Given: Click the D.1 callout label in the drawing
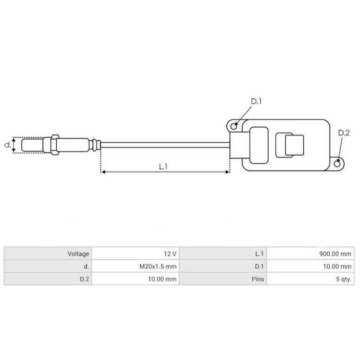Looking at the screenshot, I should point(256,102).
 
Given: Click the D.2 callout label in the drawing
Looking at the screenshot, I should point(343,133).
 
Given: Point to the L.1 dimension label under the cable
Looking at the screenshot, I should point(163,166).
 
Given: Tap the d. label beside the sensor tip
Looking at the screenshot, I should point(7,145).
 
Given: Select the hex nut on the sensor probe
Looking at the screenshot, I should point(54,145).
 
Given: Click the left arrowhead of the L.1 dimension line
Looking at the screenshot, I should point(103,172).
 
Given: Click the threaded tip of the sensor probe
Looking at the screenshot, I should point(31,145).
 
